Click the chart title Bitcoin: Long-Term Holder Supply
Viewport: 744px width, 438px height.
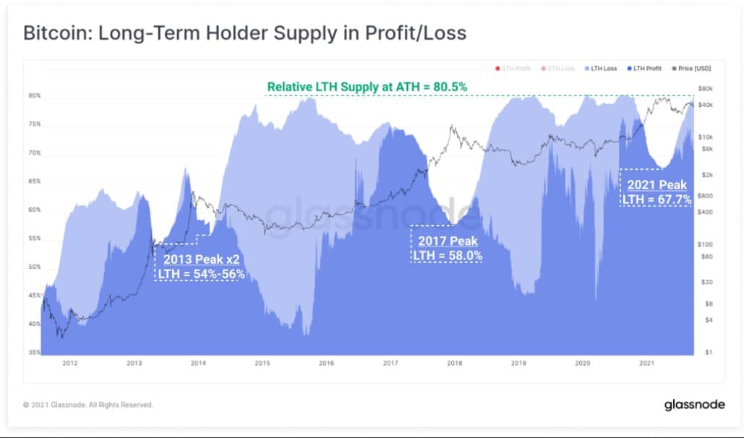pyautogui.click(x=245, y=33)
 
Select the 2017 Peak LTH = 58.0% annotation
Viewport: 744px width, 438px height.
pyautogui.click(x=447, y=248)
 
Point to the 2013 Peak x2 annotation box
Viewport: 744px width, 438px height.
pyautogui.click(x=197, y=267)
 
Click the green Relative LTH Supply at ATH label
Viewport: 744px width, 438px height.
pyautogui.click(x=367, y=87)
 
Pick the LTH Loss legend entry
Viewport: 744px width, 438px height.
pyautogui.click(x=602, y=69)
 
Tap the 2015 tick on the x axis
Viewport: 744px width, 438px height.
pyautogui.click(x=262, y=363)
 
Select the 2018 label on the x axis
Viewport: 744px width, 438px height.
pyautogui.click(x=455, y=363)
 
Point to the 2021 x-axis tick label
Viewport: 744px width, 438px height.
pyautogui.click(x=647, y=363)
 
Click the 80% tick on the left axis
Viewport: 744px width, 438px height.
pyautogui.click(x=34, y=95)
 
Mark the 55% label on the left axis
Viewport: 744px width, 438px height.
pyautogui.click(x=34, y=239)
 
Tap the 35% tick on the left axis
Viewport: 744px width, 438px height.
pyautogui.click(x=34, y=352)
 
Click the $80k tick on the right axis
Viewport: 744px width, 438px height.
pyautogui.click(x=706, y=89)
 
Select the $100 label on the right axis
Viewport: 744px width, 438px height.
pyautogui.click(x=706, y=244)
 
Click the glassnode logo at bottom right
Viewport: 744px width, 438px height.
pyautogui.click(x=694, y=405)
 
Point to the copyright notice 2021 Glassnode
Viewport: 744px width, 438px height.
pyautogui.click(x=88, y=405)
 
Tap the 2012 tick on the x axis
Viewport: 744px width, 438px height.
pyautogui.click(x=69, y=363)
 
